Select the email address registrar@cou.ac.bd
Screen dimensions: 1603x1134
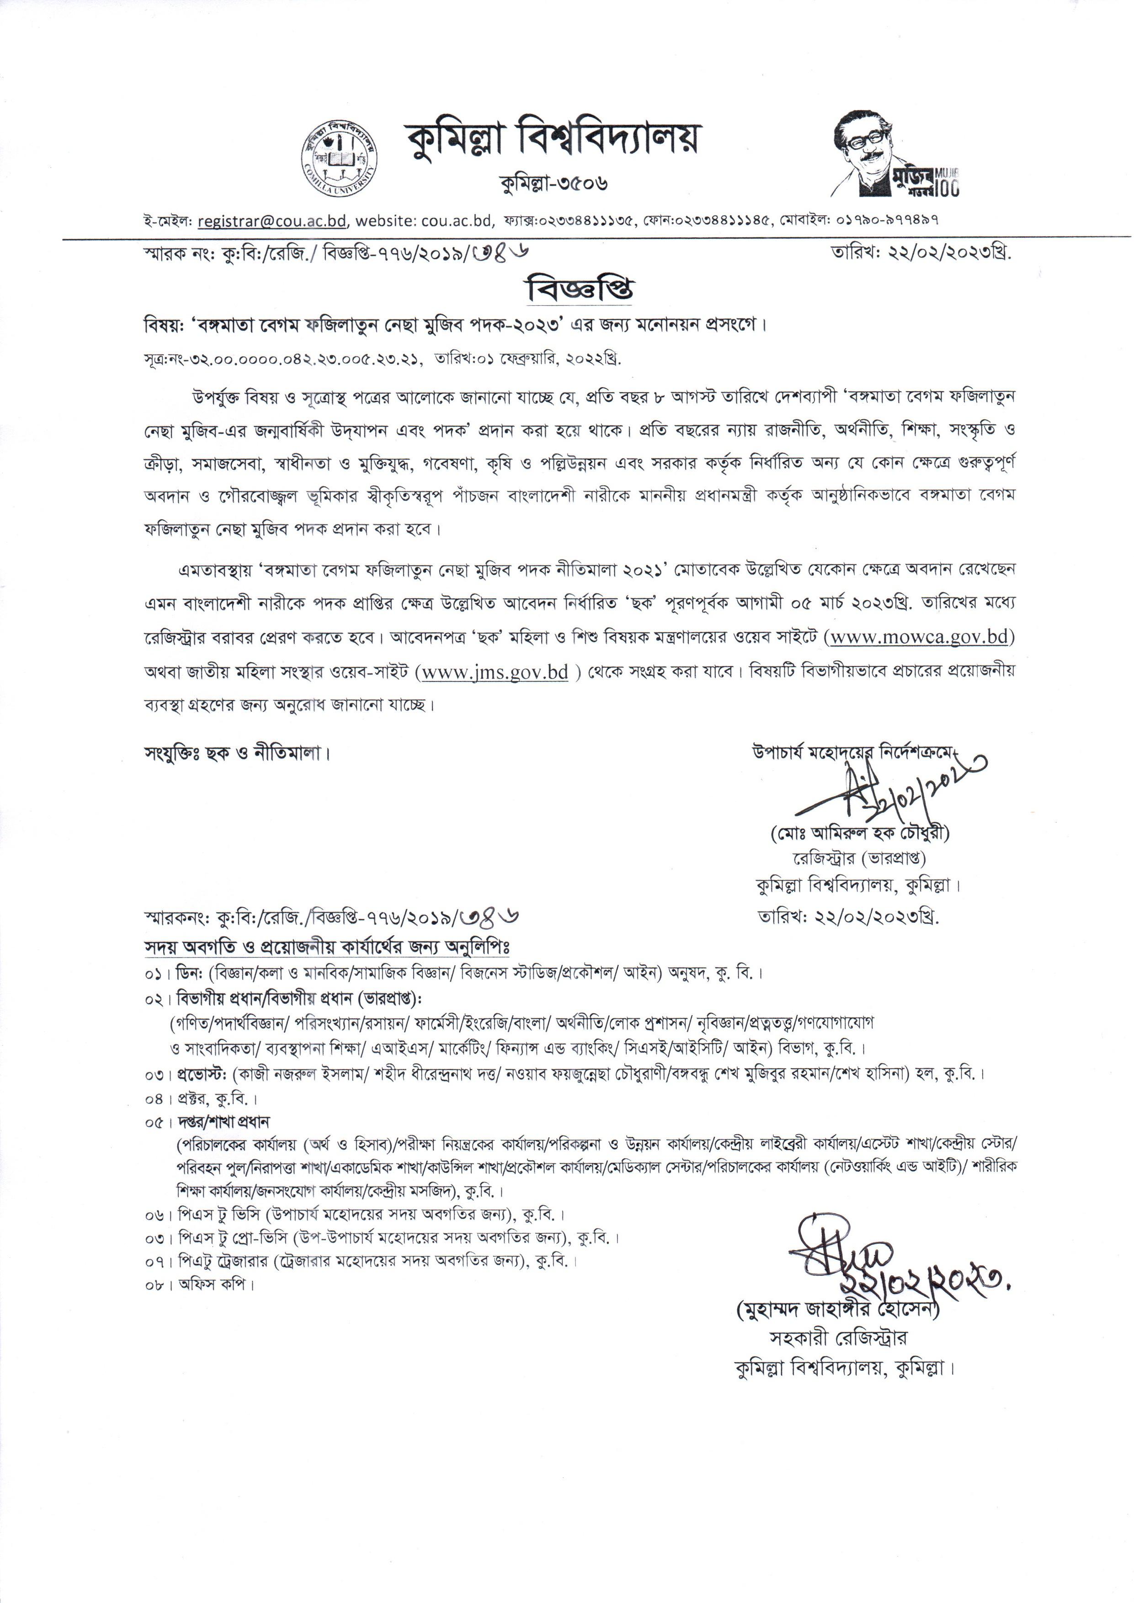pos(272,221)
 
